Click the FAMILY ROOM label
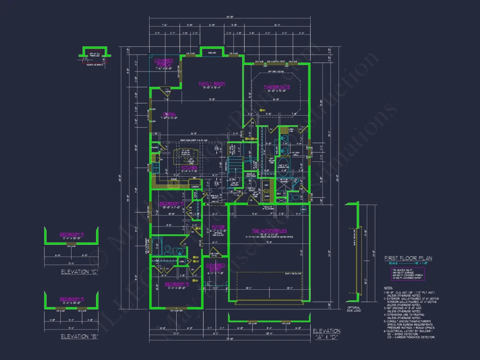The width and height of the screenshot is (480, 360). (212, 84)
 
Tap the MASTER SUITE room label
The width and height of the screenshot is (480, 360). (277, 87)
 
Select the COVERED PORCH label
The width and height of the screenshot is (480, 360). (164, 62)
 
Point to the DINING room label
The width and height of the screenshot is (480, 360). (169, 114)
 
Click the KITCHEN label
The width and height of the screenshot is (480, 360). (189, 167)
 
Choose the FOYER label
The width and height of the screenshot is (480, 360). (218, 227)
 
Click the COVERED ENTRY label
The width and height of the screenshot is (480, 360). (216, 267)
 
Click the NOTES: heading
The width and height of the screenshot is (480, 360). (388, 288)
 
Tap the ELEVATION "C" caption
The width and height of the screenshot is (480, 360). (79, 272)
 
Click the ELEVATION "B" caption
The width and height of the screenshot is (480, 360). (79, 336)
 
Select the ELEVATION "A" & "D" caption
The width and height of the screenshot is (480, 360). (326, 334)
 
